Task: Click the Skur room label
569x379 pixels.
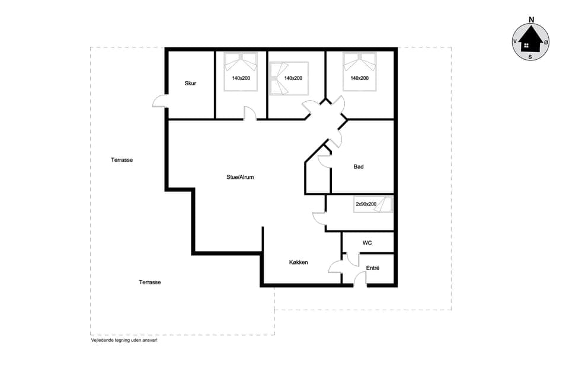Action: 190,83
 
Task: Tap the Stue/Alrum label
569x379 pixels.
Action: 240,177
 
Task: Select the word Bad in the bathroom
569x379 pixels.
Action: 359,167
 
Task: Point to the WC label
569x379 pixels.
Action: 367,243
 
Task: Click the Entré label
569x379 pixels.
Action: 372,268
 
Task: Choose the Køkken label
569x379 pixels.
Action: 298,262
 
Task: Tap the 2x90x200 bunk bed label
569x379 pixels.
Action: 366,204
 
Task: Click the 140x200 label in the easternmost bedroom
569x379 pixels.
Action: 359,78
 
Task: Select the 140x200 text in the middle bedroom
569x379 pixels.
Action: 293,78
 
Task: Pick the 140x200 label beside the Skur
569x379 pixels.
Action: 241,78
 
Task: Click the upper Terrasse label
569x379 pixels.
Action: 122,160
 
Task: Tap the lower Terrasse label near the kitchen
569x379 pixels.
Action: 150,282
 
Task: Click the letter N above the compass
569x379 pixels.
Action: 531,20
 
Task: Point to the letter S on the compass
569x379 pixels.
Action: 530,57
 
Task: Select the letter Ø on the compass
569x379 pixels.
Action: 546,42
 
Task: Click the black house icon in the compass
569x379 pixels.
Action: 530,41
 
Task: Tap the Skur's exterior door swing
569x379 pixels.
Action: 159,102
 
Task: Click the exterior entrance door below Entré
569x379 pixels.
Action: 360,280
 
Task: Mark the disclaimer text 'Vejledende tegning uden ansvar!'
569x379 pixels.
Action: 124,341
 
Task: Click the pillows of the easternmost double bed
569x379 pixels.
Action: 359,59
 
